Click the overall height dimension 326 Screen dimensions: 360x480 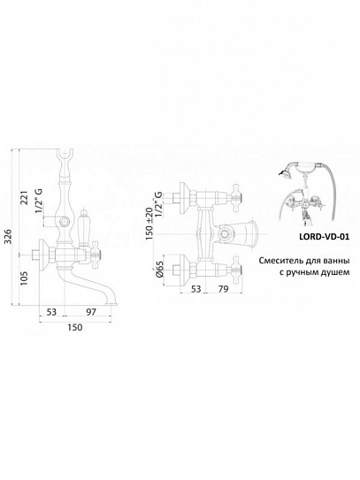9,236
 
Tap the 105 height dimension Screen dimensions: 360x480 24,278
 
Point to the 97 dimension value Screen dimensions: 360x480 91,312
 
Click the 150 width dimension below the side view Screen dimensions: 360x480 75,327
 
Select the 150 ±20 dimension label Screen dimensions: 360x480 149,224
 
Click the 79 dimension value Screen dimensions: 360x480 224,289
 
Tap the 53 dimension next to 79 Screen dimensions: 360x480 195,289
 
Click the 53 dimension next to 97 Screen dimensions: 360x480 51,312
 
